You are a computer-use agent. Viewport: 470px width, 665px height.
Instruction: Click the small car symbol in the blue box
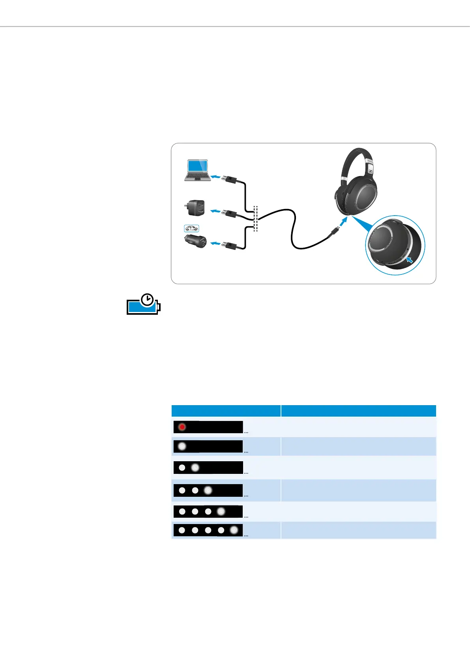coord(191,228)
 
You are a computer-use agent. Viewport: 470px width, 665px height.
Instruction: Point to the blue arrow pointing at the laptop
coord(216,177)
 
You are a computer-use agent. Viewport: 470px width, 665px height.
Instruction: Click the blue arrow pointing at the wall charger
coord(216,212)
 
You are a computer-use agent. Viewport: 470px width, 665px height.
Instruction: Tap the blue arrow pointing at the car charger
coord(216,244)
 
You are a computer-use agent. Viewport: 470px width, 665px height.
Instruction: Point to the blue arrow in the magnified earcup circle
coord(410,259)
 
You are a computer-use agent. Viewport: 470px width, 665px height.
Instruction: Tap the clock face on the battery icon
coord(148,300)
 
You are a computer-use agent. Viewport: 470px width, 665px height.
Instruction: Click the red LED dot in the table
coord(182,427)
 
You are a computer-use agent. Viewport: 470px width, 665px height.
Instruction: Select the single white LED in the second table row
coord(182,446)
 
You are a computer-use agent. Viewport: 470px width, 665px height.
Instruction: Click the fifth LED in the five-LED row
coord(234,530)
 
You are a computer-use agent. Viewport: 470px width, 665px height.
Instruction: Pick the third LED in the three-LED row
coord(208,490)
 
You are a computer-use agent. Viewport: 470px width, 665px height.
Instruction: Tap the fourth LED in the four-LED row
coord(221,511)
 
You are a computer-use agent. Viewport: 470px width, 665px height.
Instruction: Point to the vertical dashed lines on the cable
coord(255,218)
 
